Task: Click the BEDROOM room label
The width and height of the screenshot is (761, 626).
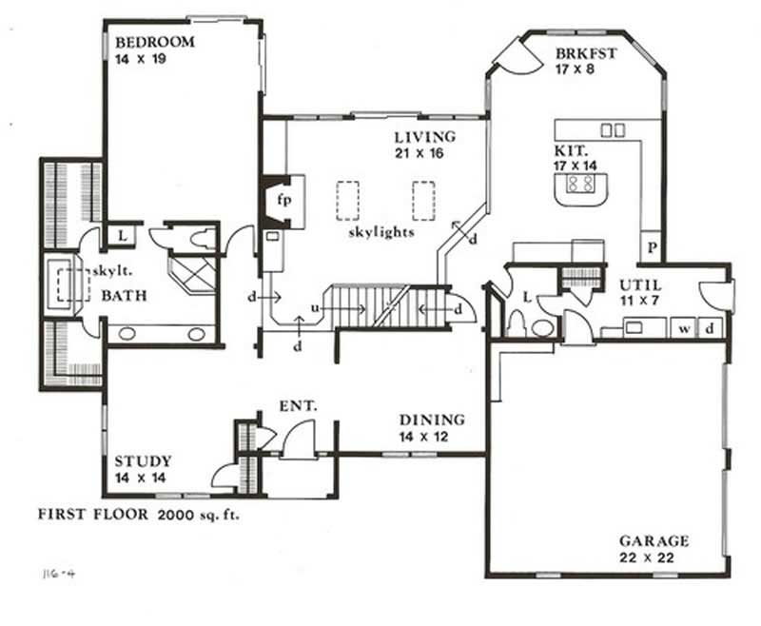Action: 154,42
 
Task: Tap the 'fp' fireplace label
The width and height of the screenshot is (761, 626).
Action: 283,201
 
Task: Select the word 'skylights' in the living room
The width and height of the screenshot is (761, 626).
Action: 380,232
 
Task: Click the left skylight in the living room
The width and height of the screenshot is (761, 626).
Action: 349,199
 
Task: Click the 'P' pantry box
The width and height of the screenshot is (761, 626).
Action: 653,246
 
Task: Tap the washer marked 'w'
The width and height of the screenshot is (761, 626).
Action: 683,329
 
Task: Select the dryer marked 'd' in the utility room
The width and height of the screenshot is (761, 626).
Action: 710,329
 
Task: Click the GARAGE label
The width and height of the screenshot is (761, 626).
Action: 653,541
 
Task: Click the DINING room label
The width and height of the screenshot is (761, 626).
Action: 431,420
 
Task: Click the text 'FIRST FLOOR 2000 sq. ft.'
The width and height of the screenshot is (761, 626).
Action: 138,515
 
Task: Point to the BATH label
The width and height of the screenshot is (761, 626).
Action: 125,296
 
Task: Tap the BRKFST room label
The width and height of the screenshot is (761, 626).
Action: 587,53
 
